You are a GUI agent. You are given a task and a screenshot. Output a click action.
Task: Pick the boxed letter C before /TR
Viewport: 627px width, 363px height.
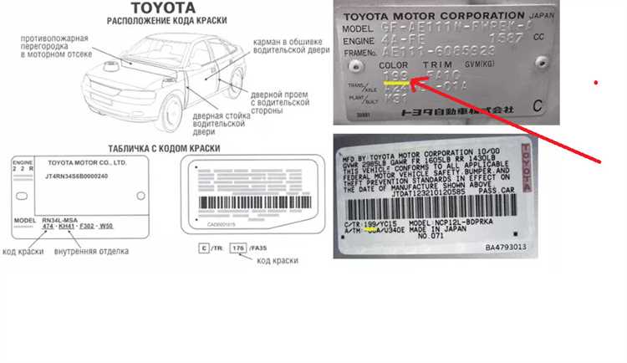coord(203,248)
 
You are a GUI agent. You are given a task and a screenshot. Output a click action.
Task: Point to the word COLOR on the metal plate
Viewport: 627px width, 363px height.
coord(394,64)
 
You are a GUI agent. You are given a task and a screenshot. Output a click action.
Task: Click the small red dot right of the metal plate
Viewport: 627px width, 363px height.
coord(595,83)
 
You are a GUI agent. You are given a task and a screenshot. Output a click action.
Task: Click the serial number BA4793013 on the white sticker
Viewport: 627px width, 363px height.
coord(506,247)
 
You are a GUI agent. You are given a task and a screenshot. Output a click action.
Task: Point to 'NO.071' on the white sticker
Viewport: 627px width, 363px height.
coord(431,237)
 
